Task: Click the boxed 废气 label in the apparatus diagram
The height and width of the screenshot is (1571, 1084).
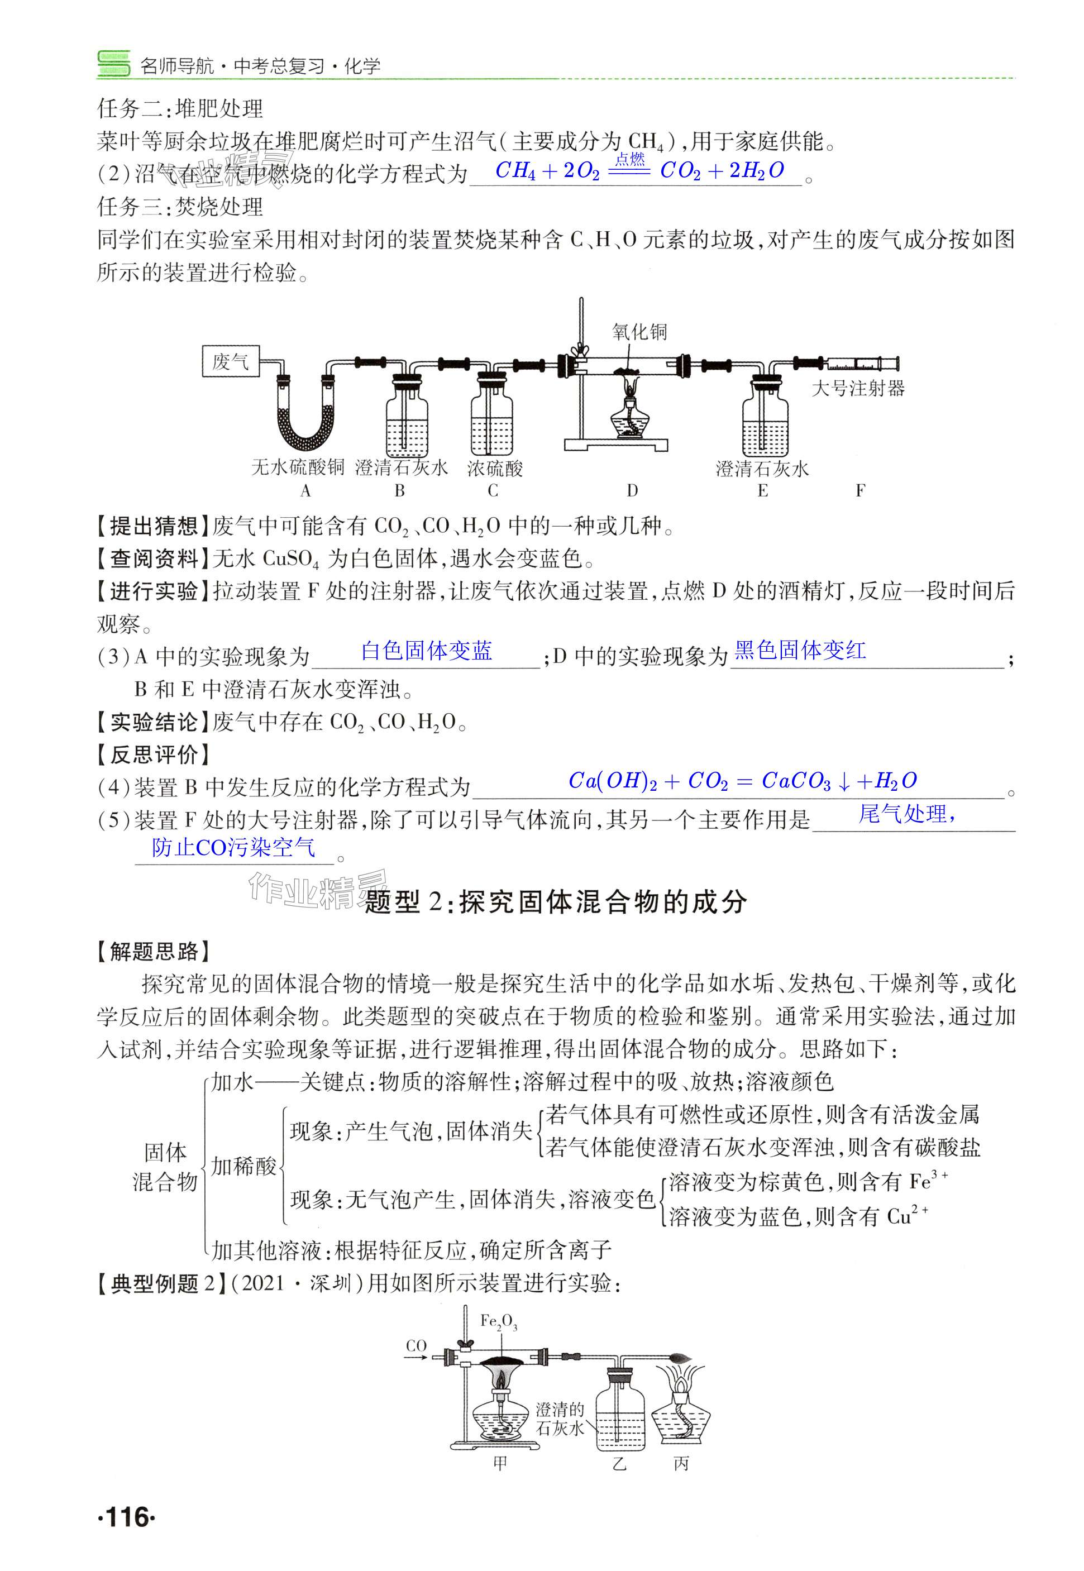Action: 231,361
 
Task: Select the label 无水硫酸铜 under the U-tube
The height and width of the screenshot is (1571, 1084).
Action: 298,468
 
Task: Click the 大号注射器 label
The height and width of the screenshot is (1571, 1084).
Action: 858,389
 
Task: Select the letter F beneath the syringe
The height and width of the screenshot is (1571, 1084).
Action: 860,490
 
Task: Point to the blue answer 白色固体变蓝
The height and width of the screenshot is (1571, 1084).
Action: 427,651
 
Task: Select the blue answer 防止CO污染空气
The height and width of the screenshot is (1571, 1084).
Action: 233,848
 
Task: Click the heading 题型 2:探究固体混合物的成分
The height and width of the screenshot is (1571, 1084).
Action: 556,902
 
